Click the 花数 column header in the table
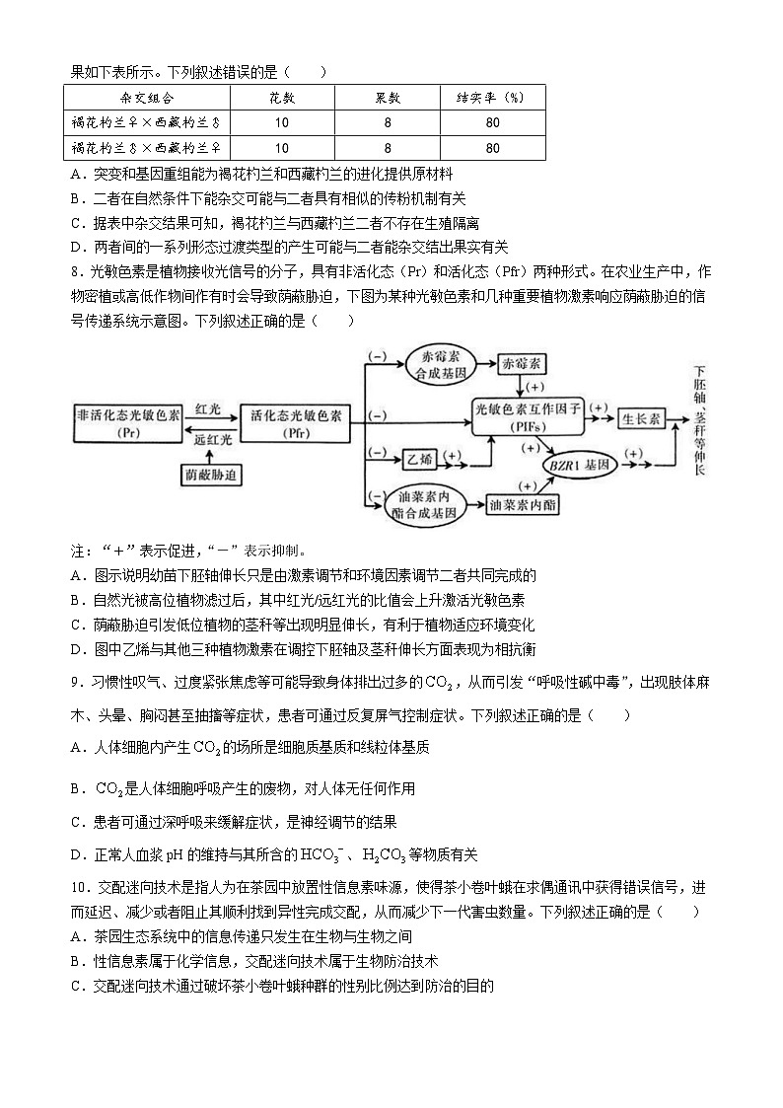[x=282, y=97]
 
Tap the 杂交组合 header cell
[x=147, y=97]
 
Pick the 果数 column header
[x=388, y=97]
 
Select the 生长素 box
[x=644, y=418]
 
